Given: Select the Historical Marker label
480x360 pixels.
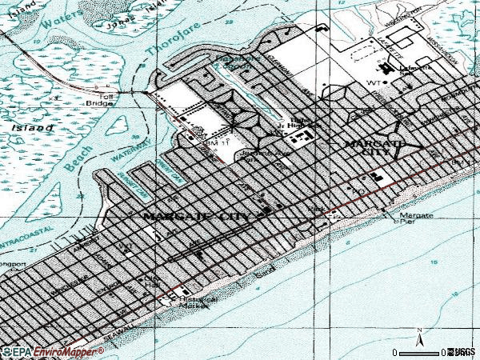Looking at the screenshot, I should [x=198, y=303].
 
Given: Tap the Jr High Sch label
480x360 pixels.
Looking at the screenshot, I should [x=298, y=125].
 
